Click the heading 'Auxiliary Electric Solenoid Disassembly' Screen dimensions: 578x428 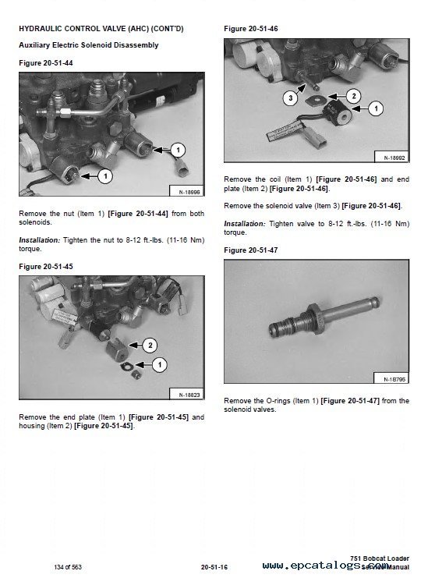(88, 45)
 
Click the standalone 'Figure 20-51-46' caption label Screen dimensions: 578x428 (250, 28)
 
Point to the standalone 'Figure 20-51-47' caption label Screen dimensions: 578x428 (250, 250)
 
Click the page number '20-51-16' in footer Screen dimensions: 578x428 (214, 566)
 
